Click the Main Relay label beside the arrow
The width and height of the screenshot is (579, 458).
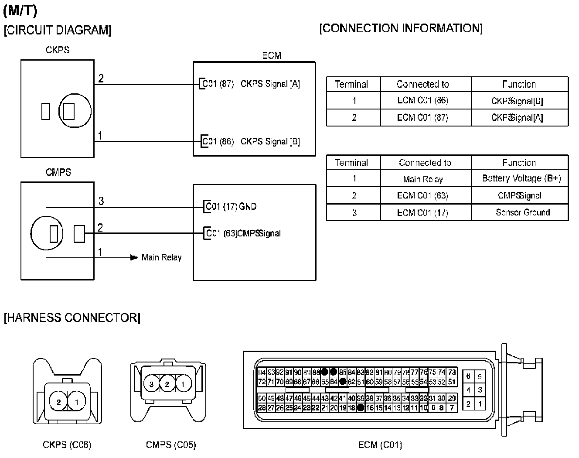coord(161,257)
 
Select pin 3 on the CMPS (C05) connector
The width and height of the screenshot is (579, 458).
coord(151,384)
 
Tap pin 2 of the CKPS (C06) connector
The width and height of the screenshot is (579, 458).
coord(59,402)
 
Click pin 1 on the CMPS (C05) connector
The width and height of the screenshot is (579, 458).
coord(183,384)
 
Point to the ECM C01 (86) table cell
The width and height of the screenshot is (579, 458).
coord(422,100)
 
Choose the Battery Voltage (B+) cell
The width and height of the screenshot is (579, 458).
coord(521,178)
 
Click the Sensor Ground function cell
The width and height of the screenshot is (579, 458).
coord(522,212)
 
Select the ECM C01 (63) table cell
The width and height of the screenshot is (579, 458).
coord(422,195)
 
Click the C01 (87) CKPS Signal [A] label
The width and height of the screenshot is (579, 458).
coord(252,84)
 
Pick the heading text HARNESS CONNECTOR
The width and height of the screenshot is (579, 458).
coord(72,318)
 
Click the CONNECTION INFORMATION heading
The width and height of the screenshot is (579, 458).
coord(401,28)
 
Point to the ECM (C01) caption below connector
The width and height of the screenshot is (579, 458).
coord(380,445)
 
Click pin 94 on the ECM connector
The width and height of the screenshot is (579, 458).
coord(262,373)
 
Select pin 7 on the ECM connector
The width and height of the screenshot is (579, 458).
coord(452,408)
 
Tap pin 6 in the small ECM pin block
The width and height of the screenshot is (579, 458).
coord(468,376)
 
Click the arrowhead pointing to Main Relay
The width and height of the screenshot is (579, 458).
coord(134,257)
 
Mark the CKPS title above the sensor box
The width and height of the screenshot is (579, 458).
coord(57,50)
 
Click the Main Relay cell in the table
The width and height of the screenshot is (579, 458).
coord(422,179)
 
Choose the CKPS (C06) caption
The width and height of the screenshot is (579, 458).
coord(67,445)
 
